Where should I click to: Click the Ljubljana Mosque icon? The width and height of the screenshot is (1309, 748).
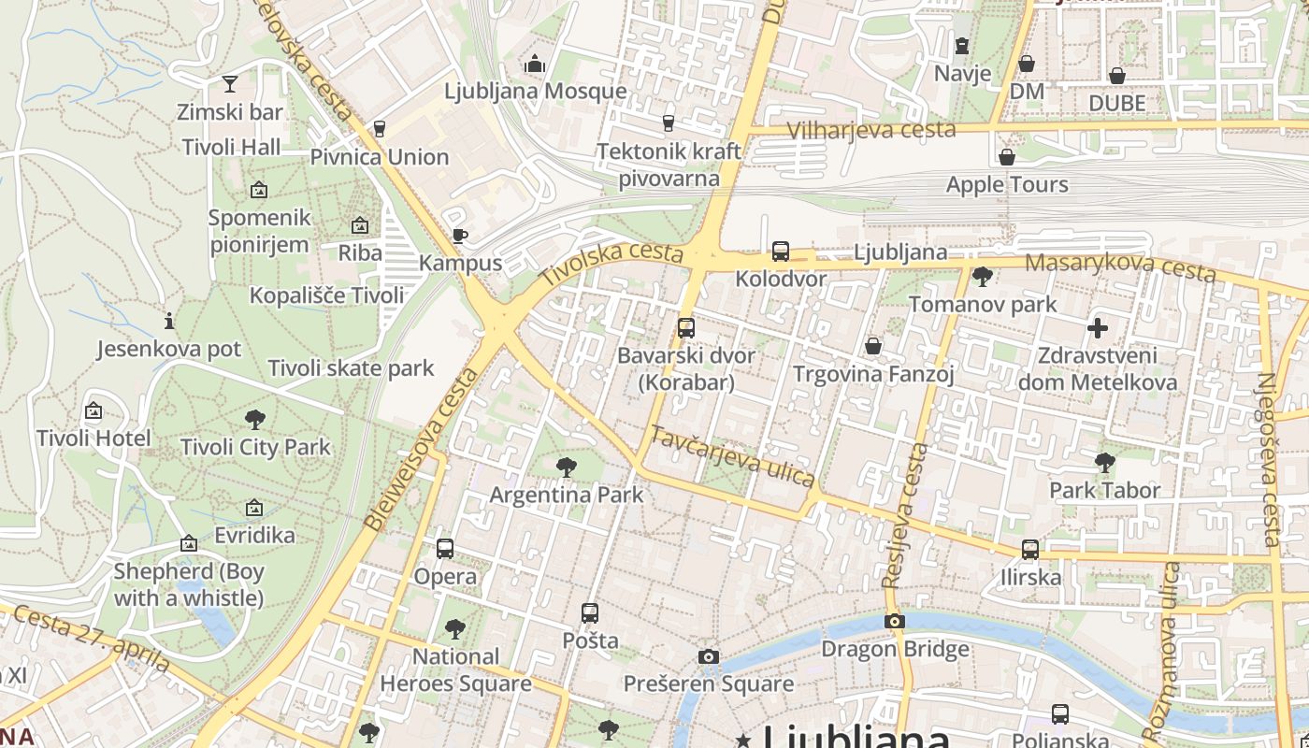click(535, 64)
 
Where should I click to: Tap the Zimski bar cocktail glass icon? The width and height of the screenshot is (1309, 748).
click(230, 84)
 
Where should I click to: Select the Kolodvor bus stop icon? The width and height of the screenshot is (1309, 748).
click(780, 252)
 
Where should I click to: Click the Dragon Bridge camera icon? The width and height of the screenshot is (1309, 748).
click(895, 621)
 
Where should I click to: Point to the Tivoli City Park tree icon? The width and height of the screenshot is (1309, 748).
click(254, 420)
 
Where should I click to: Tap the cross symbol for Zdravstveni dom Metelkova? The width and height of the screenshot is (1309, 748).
click(1098, 328)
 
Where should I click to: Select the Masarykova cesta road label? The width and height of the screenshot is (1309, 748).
click(1120, 266)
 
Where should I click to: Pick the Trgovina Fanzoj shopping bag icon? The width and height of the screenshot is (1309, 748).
click(873, 347)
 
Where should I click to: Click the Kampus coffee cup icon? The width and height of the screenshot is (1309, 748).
click(459, 236)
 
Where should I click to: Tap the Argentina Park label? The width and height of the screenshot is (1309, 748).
click(567, 495)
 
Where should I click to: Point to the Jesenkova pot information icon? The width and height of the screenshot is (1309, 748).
click(169, 321)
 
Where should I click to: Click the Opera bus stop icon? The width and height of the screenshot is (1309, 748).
click(445, 549)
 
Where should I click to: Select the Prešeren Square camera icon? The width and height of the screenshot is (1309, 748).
click(709, 656)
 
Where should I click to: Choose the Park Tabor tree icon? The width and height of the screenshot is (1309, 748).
click(1104, 462)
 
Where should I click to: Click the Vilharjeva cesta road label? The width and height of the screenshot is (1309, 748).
click(870, 130)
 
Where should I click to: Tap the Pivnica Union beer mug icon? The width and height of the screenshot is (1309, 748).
click(380, 129)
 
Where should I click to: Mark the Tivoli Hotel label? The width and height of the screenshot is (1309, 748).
click(93, 438)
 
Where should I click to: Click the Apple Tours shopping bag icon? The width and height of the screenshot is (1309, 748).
click(1007, 157)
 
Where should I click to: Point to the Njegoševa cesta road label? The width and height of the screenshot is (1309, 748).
click(1269, 458)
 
